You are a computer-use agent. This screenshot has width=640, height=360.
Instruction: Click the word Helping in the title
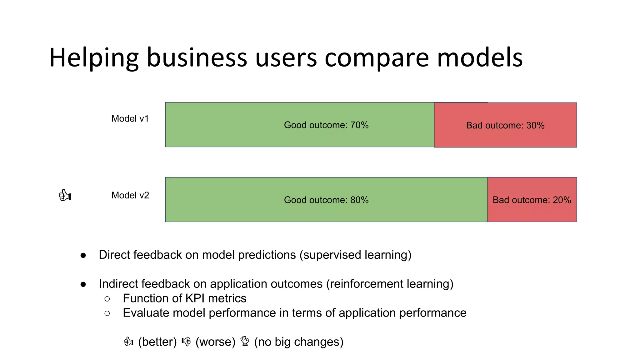coord(94,58)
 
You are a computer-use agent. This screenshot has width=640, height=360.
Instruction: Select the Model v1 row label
coord(130,119)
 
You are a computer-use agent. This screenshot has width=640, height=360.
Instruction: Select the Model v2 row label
coord(130,195)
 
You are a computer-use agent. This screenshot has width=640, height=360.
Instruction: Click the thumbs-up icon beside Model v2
coord(65,195)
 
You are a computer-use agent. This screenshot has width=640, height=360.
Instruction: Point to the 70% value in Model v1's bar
coord(359,125)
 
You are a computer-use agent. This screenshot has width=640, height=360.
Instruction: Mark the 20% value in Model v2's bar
coord(562,200)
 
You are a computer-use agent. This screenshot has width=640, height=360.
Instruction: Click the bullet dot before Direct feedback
coord(83,255)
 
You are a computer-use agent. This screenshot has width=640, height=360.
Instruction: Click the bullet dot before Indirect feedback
coord(83,284)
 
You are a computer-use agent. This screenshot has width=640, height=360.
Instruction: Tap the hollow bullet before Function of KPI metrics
coord(107,299)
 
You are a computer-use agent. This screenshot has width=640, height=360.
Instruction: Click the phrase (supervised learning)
coord(355,255)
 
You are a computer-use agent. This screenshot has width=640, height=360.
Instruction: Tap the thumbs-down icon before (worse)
coord(186,342)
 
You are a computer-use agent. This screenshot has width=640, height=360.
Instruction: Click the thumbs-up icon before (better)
coord(128,342)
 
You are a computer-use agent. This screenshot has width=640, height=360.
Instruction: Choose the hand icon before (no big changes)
coord(245,341)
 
